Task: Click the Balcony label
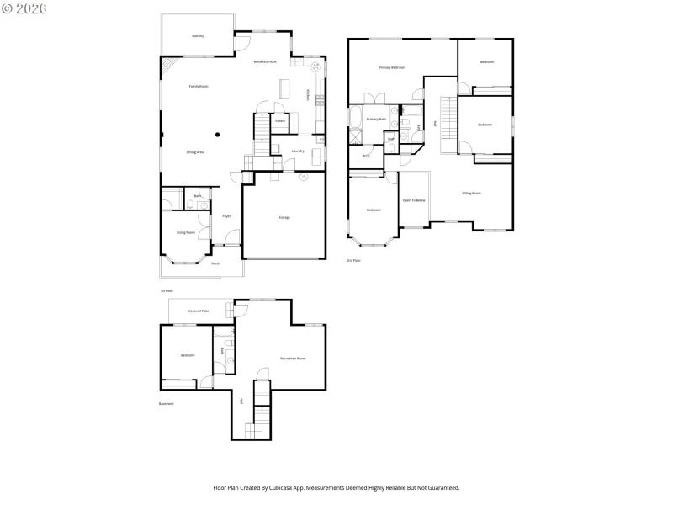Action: (198, 36)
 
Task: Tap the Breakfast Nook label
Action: (266, 61)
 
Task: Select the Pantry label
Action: (280, 121)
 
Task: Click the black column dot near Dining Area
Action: (217, 134)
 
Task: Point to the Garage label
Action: (284, 217)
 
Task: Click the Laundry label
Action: (298, 151)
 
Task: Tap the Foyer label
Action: (226, 216)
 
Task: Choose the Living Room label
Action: (186, 232)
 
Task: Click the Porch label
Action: (215, 263)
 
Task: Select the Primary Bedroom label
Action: (392, 67)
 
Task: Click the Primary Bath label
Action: (376, 120)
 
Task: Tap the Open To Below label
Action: (413, 200)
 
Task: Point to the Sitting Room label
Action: (471, 193)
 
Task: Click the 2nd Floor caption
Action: (353, 261)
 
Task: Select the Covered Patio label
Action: (199, 311)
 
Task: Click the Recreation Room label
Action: (293, 359)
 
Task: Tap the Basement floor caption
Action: (167, 403)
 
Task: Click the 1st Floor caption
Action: (167, 290)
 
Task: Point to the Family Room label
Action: (199, 87)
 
